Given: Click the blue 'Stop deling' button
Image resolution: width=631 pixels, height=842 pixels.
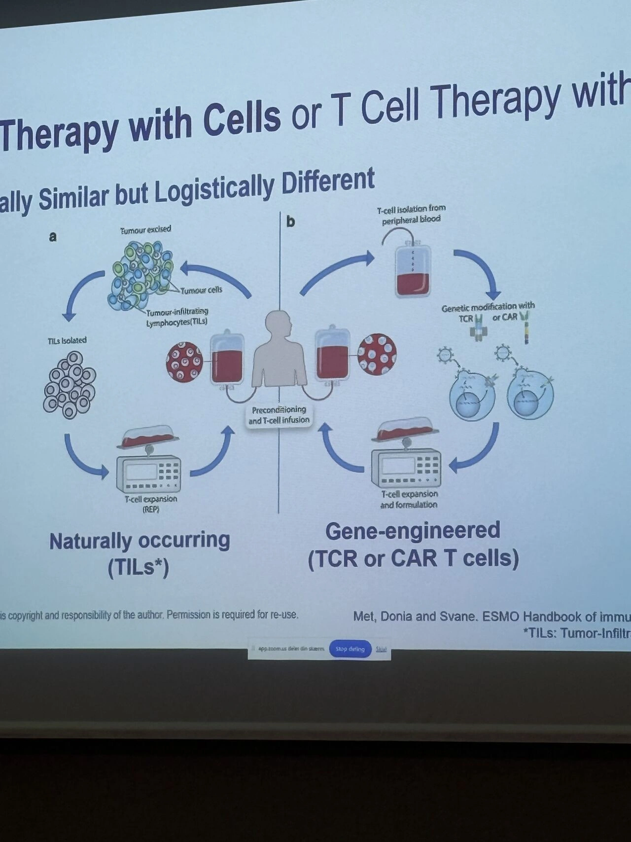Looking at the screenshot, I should click(x=350, y=649).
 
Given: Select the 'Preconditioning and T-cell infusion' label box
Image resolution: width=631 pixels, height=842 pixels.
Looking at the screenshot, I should click(x=279, y=415).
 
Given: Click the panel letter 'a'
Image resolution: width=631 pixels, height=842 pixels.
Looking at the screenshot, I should click(x=53, y=237).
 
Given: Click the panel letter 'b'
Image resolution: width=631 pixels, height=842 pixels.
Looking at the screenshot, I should click(x=291, y=221).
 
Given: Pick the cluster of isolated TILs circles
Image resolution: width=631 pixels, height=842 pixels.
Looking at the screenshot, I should click(x=69, y=385).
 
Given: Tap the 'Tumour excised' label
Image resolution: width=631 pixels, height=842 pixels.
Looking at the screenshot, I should click(x=146, y=229).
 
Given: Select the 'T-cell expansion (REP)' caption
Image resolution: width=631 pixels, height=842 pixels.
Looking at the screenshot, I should click(x=150, y=504).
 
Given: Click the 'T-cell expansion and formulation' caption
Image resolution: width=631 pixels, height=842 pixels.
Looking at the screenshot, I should click(x=409, y=499).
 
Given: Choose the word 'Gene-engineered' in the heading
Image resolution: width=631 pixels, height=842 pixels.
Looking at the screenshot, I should click(x=413, y=531).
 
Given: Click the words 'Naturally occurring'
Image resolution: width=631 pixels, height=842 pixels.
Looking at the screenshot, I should click(x=140, y=541).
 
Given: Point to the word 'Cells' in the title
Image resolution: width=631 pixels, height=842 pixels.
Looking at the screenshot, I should click(x=242, y=119).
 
